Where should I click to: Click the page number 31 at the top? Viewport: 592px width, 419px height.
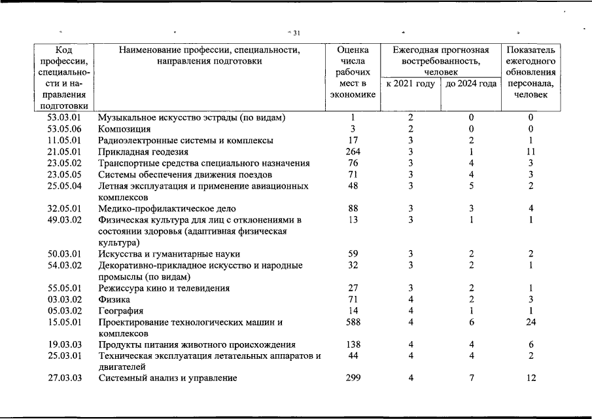[296, 33]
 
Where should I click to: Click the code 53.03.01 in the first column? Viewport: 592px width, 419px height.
[64, 118]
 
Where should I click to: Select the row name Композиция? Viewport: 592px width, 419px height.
[122, 129]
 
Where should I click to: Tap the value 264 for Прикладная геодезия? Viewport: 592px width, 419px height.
[353, 152]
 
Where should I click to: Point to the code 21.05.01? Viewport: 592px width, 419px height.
[64, 152]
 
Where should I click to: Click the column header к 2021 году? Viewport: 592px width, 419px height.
[410, 84]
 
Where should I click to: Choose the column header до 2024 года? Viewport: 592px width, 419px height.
[471, 84]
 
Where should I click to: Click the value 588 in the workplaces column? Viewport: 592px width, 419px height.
[353, 322]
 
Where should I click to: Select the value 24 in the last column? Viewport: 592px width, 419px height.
[531, 322]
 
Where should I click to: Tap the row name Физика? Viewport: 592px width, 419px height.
[114, 299]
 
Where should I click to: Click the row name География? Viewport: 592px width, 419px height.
[120, 311]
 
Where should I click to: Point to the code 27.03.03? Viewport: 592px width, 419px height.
[64, 378]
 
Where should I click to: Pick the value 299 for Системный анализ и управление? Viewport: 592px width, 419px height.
[353, 378]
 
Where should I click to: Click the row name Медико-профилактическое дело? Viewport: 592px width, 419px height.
[163, 209]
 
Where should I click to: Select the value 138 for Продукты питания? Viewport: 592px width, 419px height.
[353, 344]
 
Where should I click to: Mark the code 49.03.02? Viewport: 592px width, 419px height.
[64, 220]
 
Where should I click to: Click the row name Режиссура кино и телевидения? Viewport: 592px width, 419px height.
[164, 288]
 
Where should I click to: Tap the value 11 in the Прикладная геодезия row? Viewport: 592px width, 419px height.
[531, 152]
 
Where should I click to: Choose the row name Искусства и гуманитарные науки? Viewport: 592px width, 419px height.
[169, 254]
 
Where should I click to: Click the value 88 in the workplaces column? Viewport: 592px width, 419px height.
[353, 209]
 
